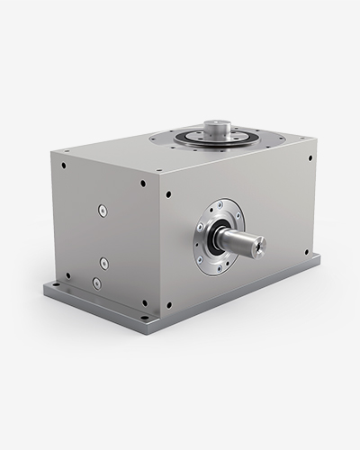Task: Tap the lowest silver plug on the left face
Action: pos(96,283)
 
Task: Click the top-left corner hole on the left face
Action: pos(63,166)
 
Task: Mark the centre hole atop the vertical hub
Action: pos(216,124)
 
